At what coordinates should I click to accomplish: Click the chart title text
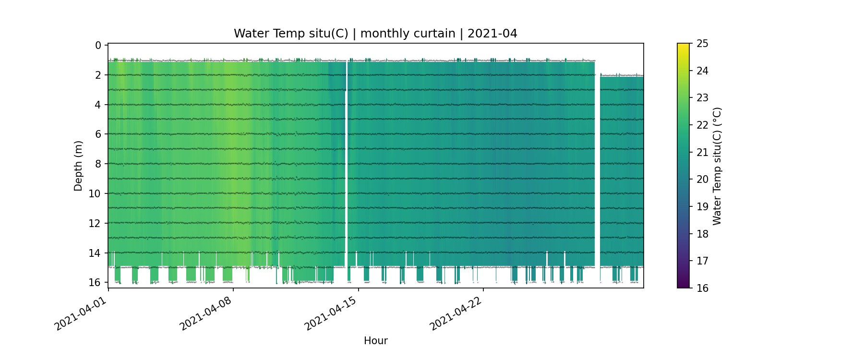(375, 34)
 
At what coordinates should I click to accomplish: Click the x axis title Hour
(375, 341)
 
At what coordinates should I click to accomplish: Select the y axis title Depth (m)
(78, 166)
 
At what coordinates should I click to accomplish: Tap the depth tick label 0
(98, 46)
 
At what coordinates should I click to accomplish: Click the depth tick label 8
(98, 164)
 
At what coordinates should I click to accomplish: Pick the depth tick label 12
(95, 223)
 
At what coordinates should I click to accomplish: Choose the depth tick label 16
(95, 282)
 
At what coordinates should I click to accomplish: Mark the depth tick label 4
(98, 105)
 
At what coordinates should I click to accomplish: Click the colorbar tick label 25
(702, 44)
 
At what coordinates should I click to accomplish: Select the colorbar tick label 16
(702, 288)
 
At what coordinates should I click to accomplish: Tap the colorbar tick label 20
(702, 180)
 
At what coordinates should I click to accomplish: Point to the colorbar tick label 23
(702, 98)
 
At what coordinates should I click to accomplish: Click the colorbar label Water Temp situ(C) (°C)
(717, 166)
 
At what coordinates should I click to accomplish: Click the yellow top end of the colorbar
(683, 46)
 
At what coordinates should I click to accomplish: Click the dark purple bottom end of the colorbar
(683, 286)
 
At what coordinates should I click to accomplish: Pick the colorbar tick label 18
(702, 234)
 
